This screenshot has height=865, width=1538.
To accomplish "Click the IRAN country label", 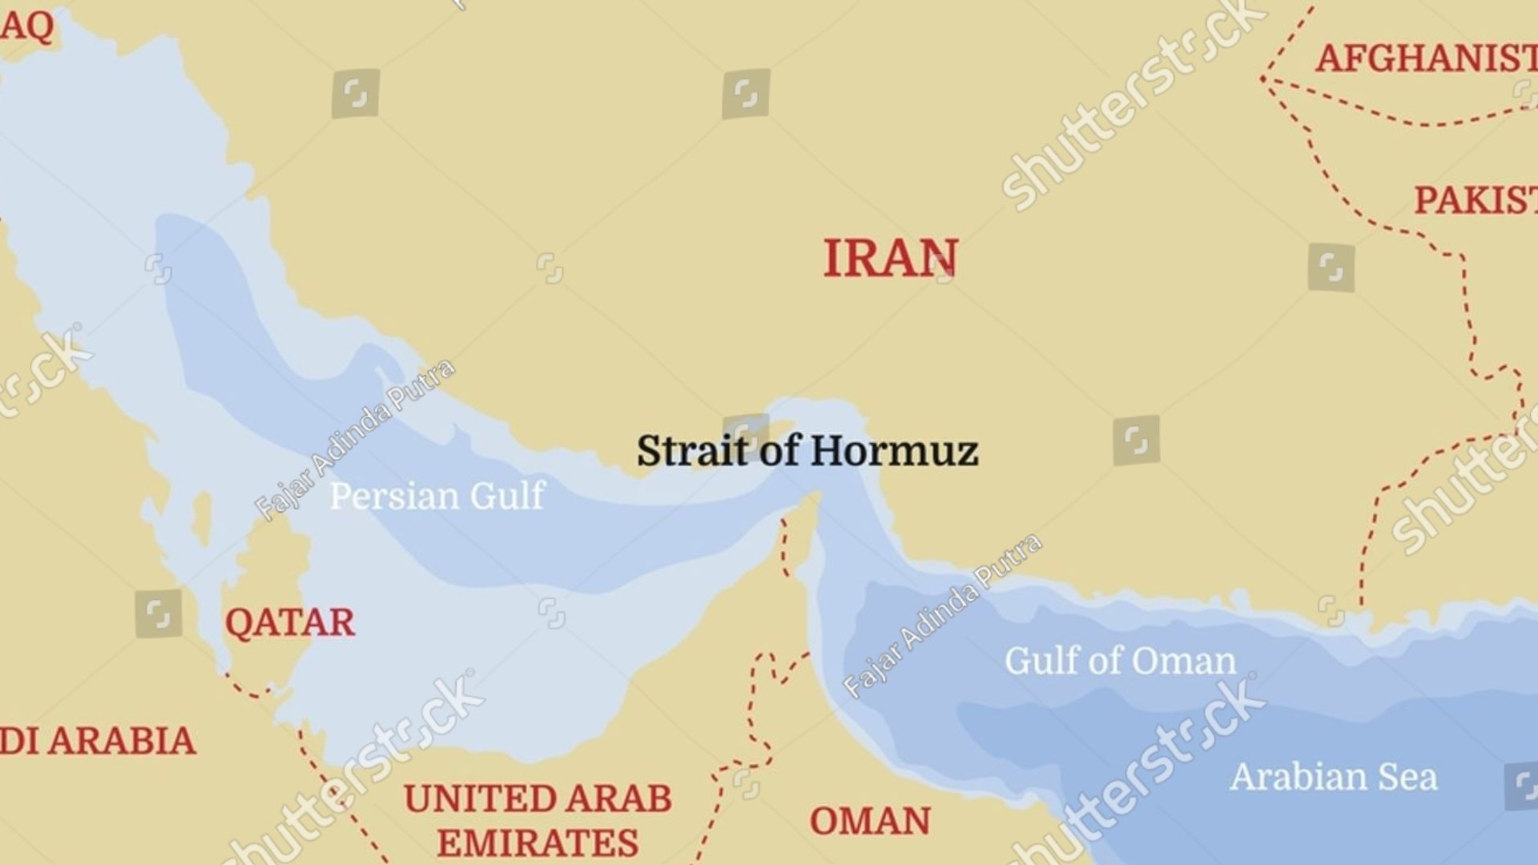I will pos(890,259).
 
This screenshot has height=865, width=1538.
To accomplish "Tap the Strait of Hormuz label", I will pos(807,451).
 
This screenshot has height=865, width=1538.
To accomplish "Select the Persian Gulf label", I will pos(437,496).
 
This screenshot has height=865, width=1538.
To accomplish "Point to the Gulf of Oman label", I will pos(1120,662).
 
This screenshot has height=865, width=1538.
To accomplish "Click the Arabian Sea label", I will pos(1334,777).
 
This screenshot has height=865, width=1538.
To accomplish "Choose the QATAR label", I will pos(289,622).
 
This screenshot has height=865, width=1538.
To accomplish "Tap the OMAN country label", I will pos(870,821).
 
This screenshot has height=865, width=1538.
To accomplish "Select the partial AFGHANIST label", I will pos(1426,58).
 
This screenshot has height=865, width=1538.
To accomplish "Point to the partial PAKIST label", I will pos(1475,200).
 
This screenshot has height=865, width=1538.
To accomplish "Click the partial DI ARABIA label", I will pos(98,741).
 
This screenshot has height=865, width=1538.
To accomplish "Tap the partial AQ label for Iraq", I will pos(27,26).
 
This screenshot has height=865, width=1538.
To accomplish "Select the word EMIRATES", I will pos(537,843).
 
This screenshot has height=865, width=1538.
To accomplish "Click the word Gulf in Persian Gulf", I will pos(507,496).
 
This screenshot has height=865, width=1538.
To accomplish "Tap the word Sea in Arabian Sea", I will pos(1407,777).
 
